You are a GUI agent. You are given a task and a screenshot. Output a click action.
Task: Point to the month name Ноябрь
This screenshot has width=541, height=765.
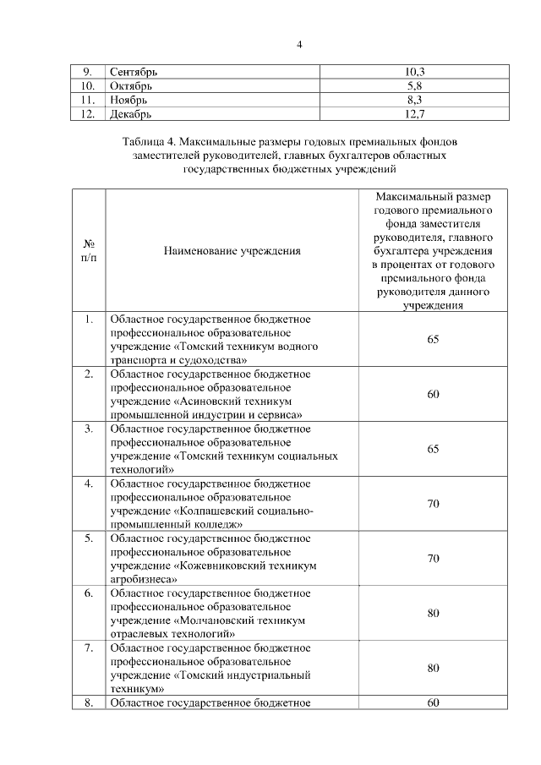128,99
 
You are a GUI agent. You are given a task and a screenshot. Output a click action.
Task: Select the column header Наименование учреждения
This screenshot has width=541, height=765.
232,251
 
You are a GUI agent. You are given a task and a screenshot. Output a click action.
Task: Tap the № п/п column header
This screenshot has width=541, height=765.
88,251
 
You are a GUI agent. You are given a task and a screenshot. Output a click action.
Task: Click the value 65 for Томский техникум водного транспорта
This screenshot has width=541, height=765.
433,339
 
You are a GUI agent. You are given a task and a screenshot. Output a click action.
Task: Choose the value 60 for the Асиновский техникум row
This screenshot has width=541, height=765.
433,394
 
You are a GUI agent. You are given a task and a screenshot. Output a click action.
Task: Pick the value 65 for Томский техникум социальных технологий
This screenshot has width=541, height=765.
433,449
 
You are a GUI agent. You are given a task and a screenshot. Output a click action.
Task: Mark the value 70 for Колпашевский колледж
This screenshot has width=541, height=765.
433,504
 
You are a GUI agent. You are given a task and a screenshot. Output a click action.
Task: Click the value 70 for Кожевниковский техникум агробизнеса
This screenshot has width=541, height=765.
433,559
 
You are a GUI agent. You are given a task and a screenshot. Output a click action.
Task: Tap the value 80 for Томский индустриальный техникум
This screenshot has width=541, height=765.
433,668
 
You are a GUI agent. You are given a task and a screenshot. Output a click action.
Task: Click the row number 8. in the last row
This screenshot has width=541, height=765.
88,702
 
